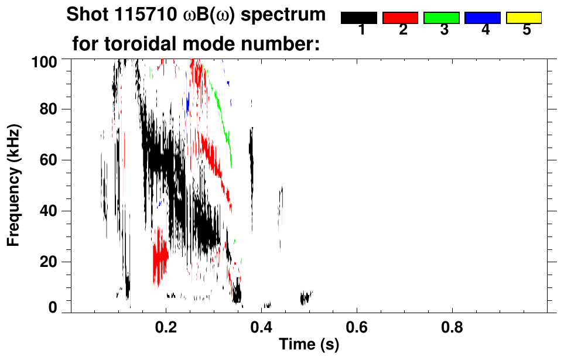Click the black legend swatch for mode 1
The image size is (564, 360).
tap(358, 18)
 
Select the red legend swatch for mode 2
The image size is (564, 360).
tap(400, 18)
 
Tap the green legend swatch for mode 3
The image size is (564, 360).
tap(441, 18)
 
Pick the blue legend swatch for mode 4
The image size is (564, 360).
tap(483, 18)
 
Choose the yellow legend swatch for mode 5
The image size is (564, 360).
tap(524, 18)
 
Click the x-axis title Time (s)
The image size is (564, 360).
tap(309, 345)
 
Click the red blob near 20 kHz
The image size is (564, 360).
tap(160, 258)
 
